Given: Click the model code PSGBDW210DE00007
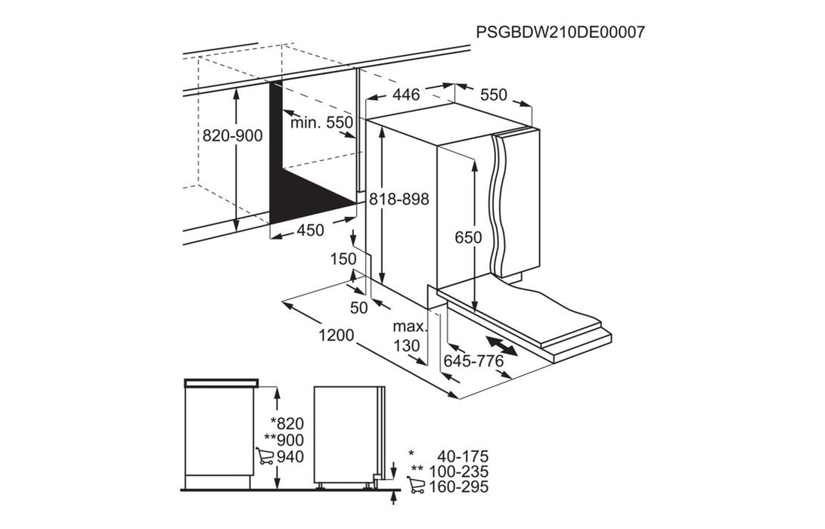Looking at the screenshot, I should (x=560, y=32).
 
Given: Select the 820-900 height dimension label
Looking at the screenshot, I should (x=232, y=136).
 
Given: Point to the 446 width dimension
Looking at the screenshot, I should (x=405, y=95).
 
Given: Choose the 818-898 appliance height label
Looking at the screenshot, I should (x=399, y=200).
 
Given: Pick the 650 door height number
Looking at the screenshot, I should (x=469, y=237).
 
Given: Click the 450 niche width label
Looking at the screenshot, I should (x=310, y=230).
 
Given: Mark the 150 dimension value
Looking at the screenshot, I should (x=343, y=259).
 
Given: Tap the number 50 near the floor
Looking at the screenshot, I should (x=359, y=308).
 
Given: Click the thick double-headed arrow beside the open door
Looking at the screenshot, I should (x=502, y=346).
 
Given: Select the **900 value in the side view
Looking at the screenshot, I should (x=284, y=440).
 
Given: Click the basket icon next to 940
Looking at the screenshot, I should (x=265, y=456).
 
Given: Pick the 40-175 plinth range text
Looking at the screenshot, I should (x=462, y=456).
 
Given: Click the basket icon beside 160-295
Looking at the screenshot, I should (x=415, y=487).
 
